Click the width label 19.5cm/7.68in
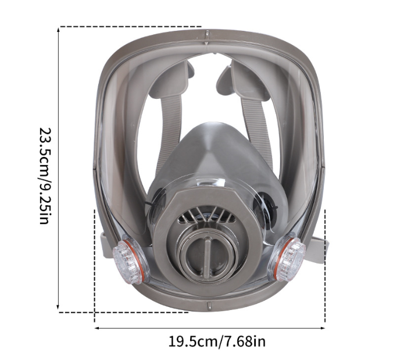217,341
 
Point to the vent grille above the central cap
207,215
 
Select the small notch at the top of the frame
207,34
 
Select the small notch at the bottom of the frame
209,306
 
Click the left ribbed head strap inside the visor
169,132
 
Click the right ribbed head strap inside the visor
257,132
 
